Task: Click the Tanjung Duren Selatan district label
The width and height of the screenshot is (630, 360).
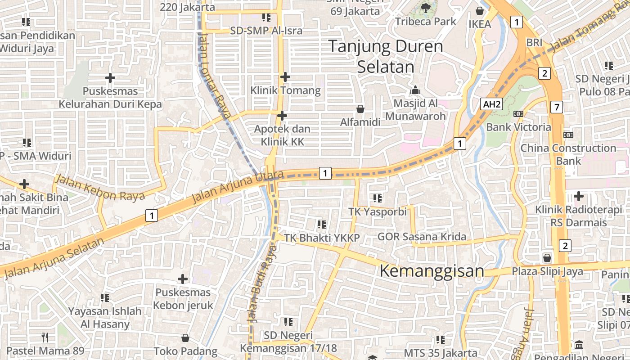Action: click(x=386, y=56)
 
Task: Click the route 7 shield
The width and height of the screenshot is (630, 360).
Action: click(x=557, y=107)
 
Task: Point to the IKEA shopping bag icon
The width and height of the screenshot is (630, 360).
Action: click(x=480, y=10)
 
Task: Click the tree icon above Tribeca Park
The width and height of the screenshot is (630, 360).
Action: click(x=425, y=8)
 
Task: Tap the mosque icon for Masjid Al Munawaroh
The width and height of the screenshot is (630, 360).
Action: click(x=415, y=90)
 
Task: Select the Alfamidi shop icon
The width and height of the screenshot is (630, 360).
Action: click(x=360, y=108)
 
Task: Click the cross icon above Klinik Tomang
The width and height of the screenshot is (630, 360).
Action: click(x=285, y=77)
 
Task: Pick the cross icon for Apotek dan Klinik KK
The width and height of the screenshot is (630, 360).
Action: click(x=282, y=116)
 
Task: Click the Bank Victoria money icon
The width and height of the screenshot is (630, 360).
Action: click(x=518, y=114)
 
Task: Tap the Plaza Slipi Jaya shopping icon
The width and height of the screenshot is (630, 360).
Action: click(x=547, y=258)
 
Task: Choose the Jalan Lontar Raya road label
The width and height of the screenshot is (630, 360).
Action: click(x=214, y=76)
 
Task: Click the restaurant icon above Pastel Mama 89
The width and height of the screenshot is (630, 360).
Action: click(x=45, y=337)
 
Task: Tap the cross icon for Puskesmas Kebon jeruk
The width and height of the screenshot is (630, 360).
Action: click(x=183, y=279)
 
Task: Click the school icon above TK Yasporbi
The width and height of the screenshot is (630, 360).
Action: click(x=378, y=198)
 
